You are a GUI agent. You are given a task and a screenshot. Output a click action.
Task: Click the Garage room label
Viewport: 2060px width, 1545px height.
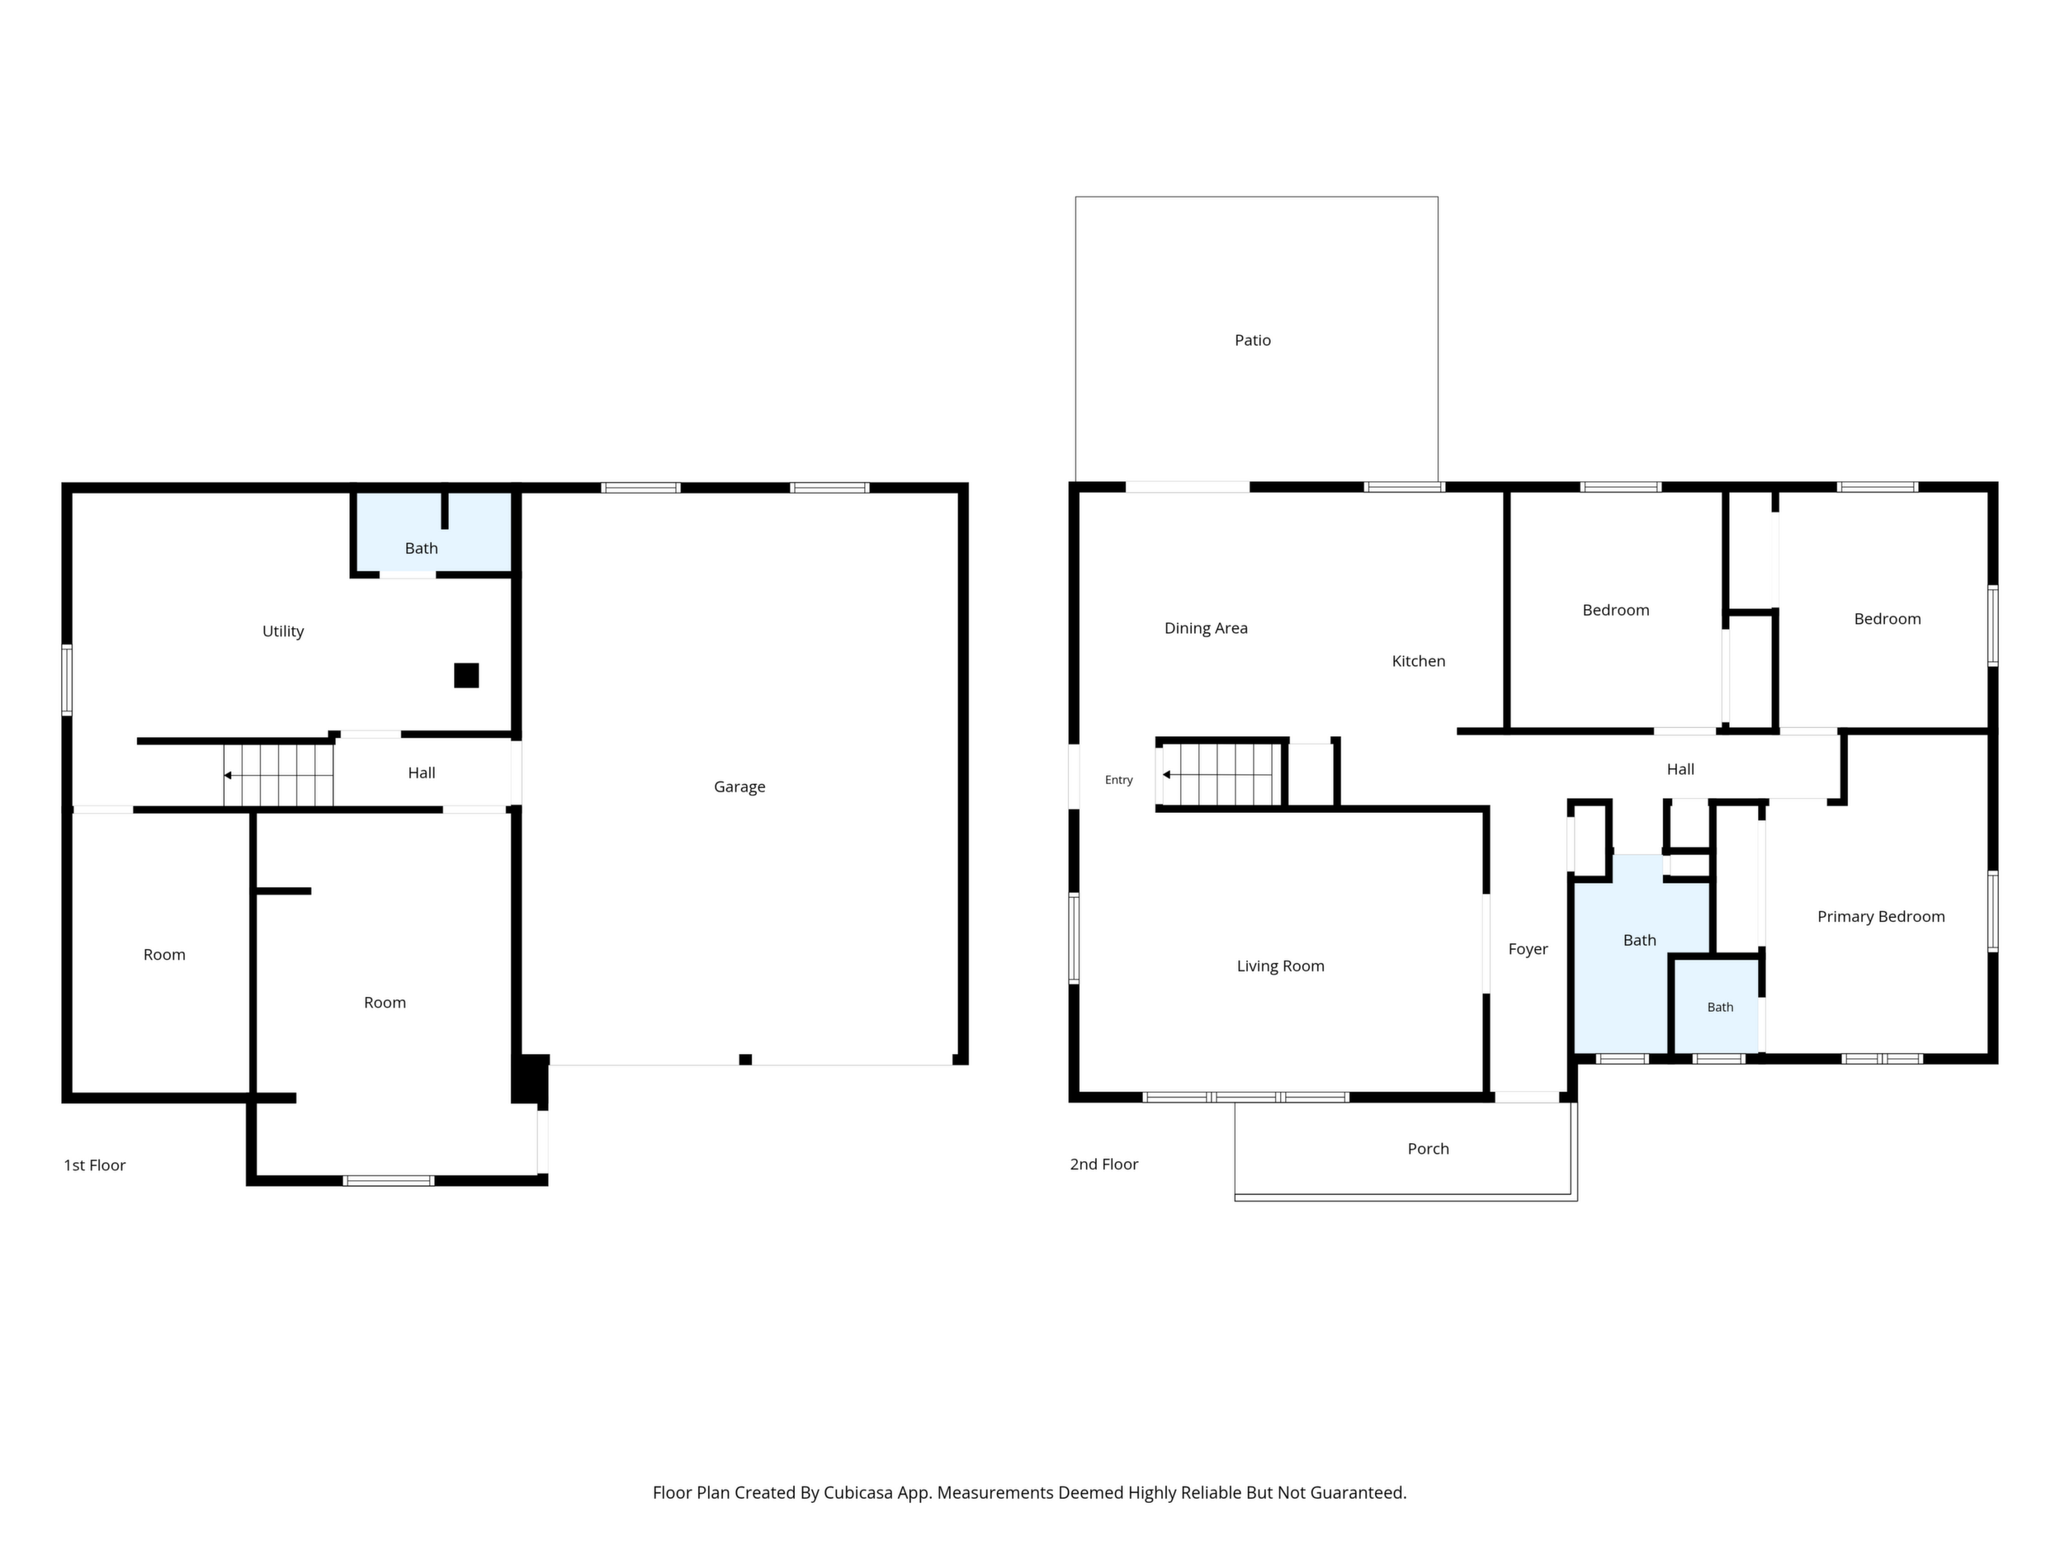point(739,787)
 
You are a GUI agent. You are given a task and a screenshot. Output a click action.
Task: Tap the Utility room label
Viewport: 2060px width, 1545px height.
point(283,631)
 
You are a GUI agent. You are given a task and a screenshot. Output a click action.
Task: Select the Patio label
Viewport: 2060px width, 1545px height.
point(1253,341)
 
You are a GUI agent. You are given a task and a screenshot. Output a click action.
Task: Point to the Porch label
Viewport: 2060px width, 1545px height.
point(1428,1149)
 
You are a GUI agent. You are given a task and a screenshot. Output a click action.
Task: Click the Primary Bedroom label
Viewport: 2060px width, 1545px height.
point(1881,917)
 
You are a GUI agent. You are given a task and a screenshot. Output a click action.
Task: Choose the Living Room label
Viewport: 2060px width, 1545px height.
point(1281,966)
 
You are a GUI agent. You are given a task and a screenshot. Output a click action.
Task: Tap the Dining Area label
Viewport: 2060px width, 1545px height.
point(1206,629)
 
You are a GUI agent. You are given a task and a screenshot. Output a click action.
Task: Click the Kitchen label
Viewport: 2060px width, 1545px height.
point(1419,661)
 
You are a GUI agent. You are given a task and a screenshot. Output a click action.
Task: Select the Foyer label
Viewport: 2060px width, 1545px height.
point(1528,949)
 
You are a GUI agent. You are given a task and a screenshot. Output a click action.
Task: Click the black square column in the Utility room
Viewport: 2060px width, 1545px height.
point(466,675)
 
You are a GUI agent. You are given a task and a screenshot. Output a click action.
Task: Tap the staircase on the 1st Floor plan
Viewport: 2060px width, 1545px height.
point(278,775)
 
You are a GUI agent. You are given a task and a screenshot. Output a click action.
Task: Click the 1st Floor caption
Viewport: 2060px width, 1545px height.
point(94,1165)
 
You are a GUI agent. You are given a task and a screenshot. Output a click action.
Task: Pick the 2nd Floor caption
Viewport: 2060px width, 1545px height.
point(1103,1164)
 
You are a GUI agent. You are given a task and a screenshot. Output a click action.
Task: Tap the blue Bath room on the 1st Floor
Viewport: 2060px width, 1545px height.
point(433,532)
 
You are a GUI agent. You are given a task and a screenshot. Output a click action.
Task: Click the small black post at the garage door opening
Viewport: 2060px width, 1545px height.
point(745,1059)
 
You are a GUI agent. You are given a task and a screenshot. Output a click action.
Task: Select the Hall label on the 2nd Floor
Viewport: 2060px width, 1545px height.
point(1680,769)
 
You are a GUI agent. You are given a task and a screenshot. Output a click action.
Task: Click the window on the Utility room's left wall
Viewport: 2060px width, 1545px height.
point(67,680)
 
